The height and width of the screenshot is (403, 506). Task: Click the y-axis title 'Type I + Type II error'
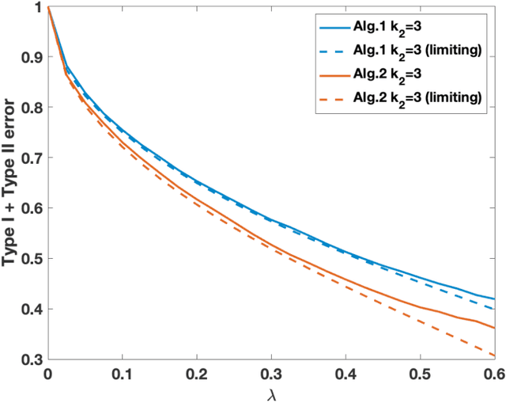(12, 183)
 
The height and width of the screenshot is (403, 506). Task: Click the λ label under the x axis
(271, 393)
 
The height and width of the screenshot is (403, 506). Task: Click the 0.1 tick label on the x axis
(122, 373)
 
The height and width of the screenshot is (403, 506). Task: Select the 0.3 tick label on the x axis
(271, 373)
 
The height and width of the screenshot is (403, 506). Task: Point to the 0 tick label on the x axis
(48, 373)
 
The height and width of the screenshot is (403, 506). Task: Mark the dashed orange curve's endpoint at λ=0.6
(494, 355)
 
